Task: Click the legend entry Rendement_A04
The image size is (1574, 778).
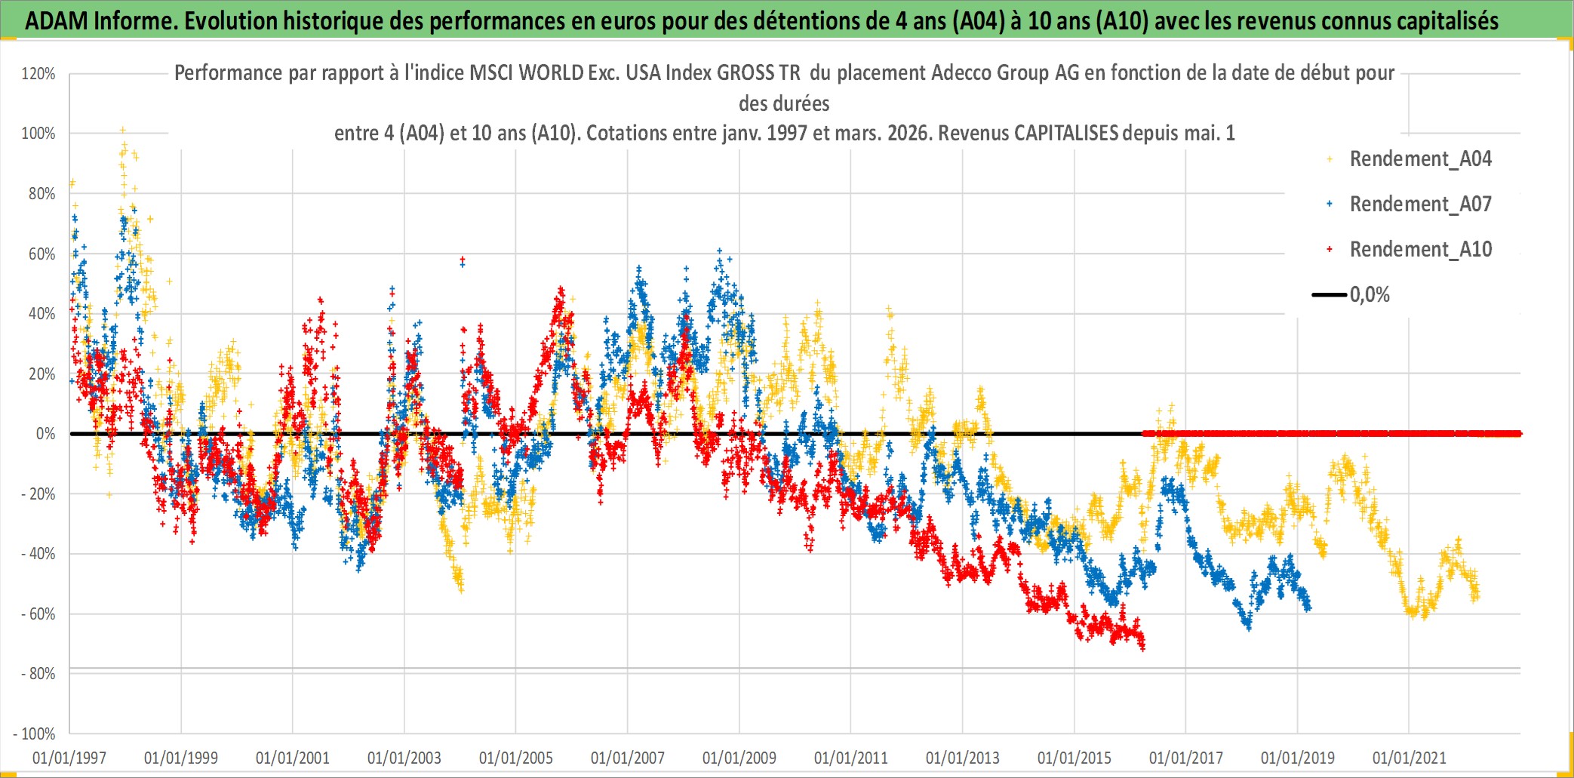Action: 1420,159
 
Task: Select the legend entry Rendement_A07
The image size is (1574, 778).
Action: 1420,204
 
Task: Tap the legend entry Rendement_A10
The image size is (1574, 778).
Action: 1420,250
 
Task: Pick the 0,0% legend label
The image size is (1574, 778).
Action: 1370,295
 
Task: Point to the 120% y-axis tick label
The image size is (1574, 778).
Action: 38,74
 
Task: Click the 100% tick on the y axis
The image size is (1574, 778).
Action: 38,134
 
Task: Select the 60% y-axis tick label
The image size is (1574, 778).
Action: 42,254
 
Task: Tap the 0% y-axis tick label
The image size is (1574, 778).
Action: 45,434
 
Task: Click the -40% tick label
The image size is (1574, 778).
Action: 38,554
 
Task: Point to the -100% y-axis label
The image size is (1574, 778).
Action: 35,733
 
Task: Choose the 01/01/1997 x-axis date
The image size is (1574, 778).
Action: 69,758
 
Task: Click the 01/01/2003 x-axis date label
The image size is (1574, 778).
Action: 404,758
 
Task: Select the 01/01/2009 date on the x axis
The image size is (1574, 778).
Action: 739,758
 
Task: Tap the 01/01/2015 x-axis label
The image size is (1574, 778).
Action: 1074,758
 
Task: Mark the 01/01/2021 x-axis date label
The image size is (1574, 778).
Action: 1410,758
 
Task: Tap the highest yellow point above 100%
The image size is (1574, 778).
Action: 123,131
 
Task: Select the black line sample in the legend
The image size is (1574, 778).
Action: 1329,295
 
